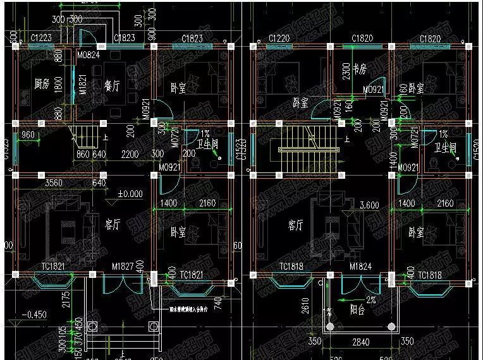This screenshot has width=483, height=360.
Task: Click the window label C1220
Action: (279, 39)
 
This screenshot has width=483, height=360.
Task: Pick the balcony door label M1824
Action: (361, 268)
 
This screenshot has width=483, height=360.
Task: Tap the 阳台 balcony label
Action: (361, 311)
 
